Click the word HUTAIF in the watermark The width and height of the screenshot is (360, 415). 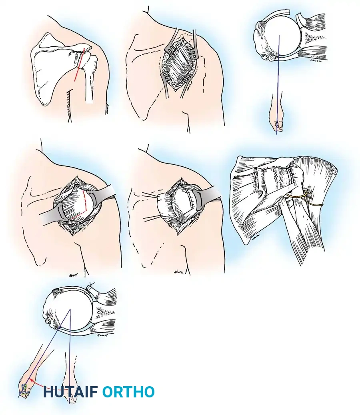click(x=70, y=392)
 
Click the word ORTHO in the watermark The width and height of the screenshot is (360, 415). click(x=128, y=392)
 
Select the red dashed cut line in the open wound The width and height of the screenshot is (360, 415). click(x=84, y=204)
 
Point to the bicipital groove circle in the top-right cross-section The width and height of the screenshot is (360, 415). click(x=264, y=58)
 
